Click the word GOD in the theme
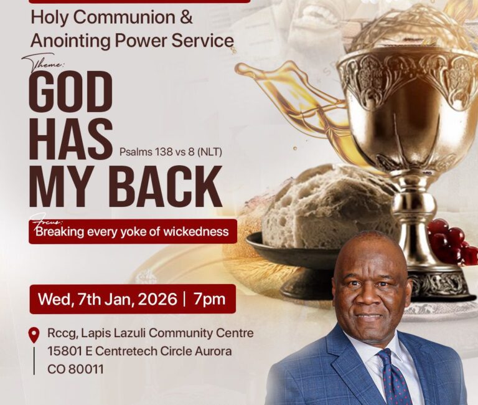tap(70, 91)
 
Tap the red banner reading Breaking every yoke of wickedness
tap(133, 232)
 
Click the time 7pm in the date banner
tap(209, 298)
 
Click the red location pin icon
tap(34, 336)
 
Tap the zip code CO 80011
tap(75, 369)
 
